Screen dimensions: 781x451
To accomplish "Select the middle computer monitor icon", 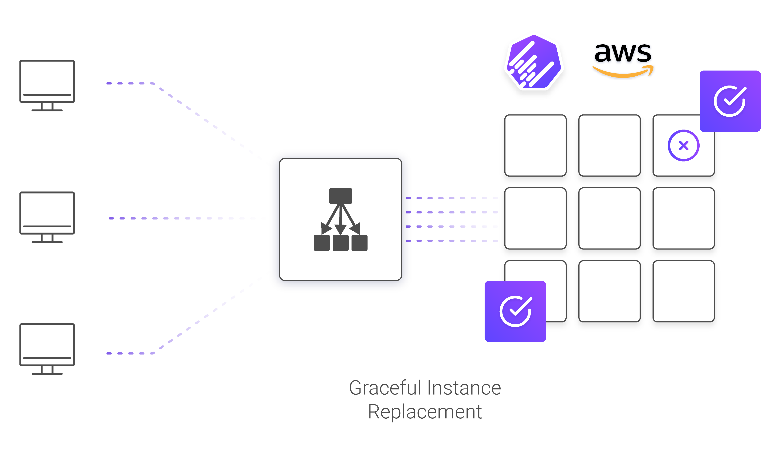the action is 47,217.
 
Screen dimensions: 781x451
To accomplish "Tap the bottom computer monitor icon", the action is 47,349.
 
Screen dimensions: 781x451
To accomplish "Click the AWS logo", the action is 623,60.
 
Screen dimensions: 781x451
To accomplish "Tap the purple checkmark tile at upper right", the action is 730,101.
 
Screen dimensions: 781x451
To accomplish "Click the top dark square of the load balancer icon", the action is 340,196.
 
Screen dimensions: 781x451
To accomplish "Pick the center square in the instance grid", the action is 609,218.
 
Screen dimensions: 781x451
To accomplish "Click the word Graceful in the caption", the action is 385,388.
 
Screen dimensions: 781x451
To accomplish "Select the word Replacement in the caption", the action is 425,412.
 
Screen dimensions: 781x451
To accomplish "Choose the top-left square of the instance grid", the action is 535,146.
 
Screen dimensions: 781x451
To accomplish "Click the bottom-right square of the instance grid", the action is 683,291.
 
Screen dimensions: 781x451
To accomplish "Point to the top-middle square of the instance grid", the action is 609,146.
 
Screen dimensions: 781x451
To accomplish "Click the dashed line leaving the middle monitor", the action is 186,218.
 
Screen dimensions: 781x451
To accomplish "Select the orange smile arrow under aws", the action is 623,71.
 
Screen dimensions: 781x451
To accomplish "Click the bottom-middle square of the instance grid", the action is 609,291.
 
